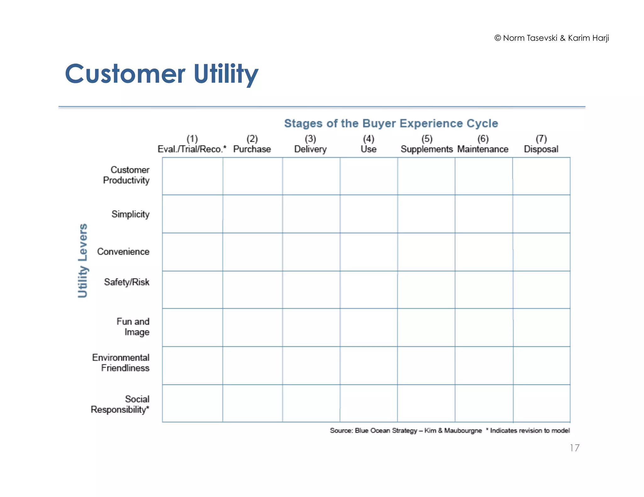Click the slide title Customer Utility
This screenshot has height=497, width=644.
[161, 74]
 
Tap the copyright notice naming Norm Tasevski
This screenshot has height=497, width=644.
[552, 38]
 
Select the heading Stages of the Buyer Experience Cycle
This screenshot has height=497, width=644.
[391, 123]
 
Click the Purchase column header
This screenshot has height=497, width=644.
[252, 144]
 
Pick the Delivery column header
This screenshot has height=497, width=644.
[310, 144]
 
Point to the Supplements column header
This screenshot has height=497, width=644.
[426, 144]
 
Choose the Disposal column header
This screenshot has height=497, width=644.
[541, 144]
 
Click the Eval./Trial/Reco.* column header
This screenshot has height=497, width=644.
[192, 144]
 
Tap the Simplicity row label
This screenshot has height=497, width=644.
[130, 214]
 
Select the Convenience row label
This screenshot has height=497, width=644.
[123, 252]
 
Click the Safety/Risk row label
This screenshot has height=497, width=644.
[126, 282]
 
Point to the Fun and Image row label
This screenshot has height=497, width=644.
[133, 327]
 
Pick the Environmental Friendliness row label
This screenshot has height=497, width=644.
[121, 363]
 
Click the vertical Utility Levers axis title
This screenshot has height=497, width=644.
[82, 260]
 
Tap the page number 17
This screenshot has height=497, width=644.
[574, 448]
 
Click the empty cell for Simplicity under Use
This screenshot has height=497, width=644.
[369, 214]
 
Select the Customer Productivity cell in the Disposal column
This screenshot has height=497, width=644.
[541, 176]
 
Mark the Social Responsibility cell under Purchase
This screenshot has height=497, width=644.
[253, 403]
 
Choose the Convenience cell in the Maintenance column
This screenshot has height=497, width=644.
[484, 252]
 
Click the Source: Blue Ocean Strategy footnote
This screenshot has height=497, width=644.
[406, 430]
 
